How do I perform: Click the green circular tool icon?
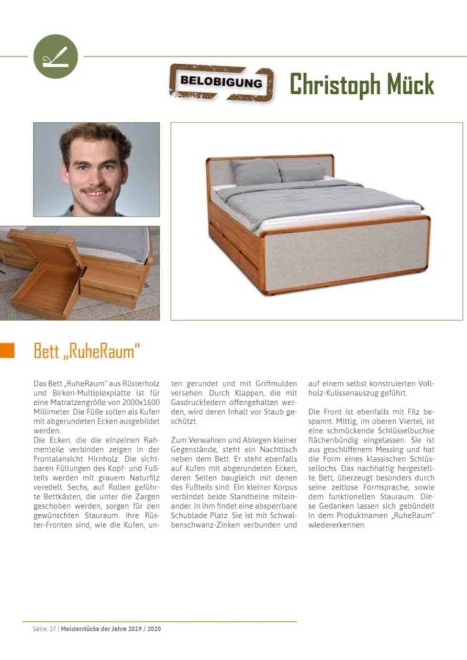point(55,56)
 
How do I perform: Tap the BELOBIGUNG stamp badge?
point(221,82)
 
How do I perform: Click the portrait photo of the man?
point(96,169)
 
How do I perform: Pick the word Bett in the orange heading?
point(46,351)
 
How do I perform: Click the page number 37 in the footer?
point(52,629)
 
